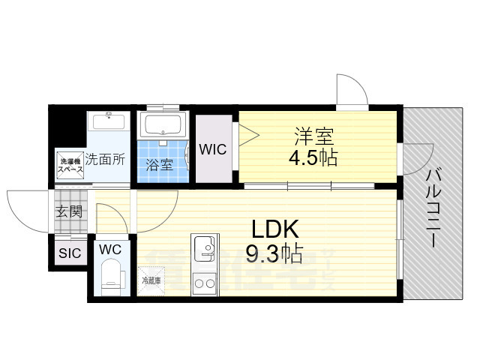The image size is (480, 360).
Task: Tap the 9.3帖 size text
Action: (274, 255)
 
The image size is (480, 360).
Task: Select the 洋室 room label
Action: (313, 136)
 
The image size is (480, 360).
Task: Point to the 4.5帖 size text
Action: (313, 158)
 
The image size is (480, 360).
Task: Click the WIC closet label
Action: (213, 148)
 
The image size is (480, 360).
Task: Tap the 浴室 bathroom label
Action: (159, 165)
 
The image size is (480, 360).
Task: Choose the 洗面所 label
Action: (105, 159)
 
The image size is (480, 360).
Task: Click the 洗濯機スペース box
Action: (71, 165)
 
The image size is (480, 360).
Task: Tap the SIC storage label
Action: (69, 253)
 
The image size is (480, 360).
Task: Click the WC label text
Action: (109, 248)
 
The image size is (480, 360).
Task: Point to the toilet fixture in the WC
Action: (111, 274)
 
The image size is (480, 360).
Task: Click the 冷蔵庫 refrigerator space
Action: (151, 281)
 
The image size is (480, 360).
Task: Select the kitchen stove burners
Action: (203, 282)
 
